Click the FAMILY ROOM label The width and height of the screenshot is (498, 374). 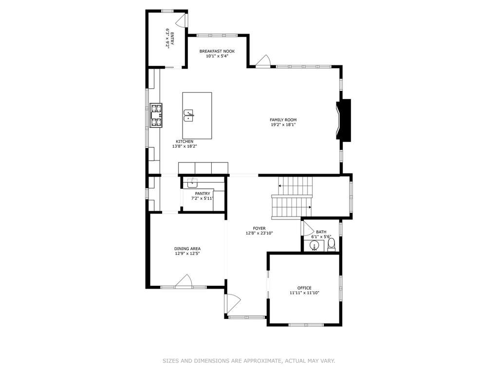(x=283, y=120)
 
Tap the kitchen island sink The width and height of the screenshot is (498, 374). (x=189, y=116)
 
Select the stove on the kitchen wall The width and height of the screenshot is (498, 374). (x=156, y=116)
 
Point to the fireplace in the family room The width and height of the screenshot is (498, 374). (x=344, y=120)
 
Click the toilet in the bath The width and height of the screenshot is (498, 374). (x=331, y=245)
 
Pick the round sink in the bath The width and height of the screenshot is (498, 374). (x=314, y=246)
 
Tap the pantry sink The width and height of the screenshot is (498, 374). (x=192, y=183)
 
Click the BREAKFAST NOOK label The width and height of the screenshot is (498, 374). (x=217, y=51)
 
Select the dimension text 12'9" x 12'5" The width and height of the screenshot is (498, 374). (x=187, y=254)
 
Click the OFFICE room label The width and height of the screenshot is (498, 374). (x=304, y=288)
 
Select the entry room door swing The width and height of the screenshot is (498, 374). (x=181, y=20)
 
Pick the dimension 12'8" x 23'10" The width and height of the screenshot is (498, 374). (x=259, y=233)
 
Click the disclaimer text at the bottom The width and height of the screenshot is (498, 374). (x=249, y=361)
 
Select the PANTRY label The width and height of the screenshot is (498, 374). (x=203, y=194)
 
